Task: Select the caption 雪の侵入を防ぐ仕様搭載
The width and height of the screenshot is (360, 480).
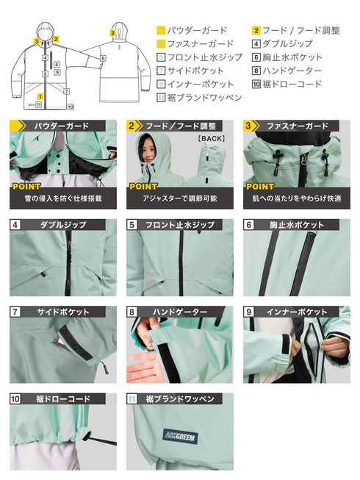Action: [63, 199]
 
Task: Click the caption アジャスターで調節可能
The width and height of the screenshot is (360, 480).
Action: [179, 199]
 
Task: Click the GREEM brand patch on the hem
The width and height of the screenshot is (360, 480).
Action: [181, 434]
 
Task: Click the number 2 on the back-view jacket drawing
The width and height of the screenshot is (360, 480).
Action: [112, 33]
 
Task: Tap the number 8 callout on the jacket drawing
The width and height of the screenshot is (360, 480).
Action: [103, 57]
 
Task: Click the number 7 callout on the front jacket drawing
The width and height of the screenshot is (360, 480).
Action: [66, 91]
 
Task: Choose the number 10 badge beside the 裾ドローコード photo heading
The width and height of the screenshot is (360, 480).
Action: [15, 399]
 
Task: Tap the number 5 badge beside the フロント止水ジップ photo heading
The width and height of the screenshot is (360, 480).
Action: [132, 225]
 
